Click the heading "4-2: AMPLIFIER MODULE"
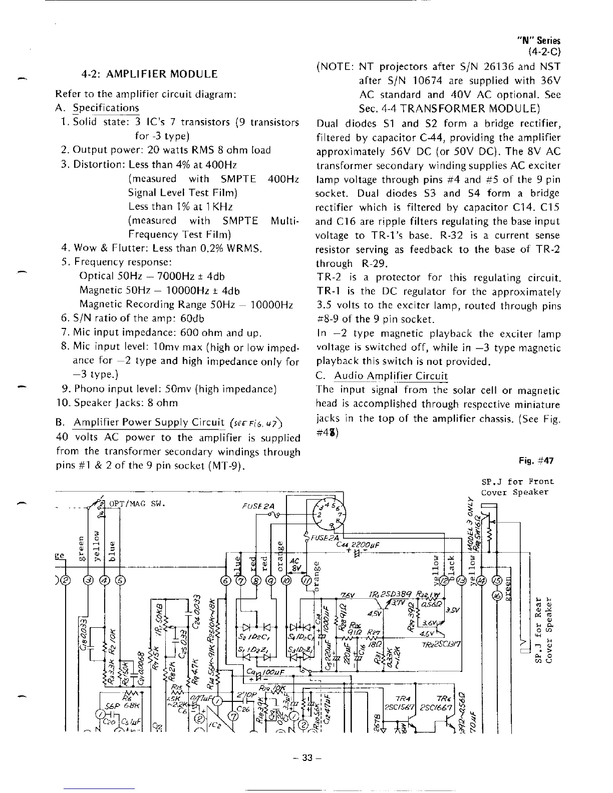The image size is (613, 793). pos(150,74)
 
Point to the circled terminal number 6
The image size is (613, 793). pos(226,581)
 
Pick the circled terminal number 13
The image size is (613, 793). pos(461,581)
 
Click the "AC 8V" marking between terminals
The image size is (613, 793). pos(295,565)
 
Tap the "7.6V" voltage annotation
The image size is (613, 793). pos(348,595)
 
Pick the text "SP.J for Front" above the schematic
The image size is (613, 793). pos(517,482)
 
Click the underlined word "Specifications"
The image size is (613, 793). pos(106,108)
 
